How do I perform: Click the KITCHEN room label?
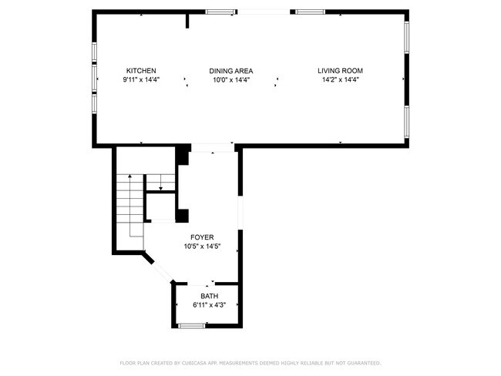(142, 71)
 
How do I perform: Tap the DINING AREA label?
(231, 71)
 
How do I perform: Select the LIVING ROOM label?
(340, 71)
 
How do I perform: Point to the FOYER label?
(203, 237)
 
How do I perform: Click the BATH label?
(210, 297)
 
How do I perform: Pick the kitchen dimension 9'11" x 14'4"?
(142, 79)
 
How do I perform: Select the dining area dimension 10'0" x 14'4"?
(231, 79)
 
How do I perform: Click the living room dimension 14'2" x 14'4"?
(340, 79)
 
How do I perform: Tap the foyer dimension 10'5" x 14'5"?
(203, 247)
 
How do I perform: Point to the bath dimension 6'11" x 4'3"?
(210, 305)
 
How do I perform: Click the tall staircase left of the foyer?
(130, 204)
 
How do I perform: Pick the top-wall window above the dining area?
(220, 12)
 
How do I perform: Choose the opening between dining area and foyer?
(212, 146)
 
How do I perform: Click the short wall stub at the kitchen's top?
(187, 20)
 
